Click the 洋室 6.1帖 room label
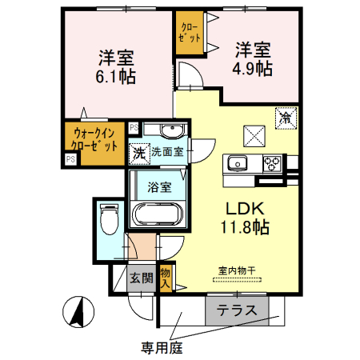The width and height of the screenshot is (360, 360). (x=116, y=68)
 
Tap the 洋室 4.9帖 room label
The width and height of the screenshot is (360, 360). (x=253, y=59)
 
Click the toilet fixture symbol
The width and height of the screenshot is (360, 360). (x=109, y=218)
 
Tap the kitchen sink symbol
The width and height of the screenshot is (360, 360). (x=238, y=164)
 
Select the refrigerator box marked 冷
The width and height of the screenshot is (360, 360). (x=286, y=118)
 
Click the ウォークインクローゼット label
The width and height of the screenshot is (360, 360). (x=94, y=142)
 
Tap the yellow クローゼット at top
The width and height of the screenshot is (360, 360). (x=190, y=33)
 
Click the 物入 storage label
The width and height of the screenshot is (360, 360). (x=165, y=276)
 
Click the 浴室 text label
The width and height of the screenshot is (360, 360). (x=159, y=188)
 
